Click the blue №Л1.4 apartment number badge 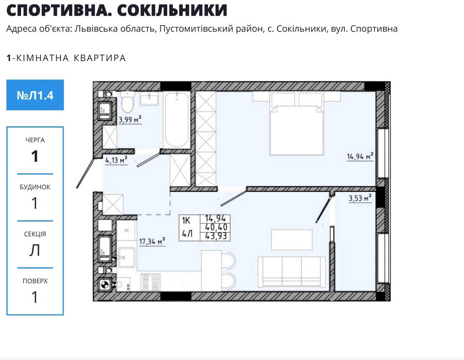(x=35, y=95)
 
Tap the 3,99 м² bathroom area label (x=130, y=119)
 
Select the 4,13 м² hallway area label (x=116, y=160)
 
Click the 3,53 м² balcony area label (x=360, y=198)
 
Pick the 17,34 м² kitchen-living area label (x=152, y=241)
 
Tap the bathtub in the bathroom (x=177, y=120)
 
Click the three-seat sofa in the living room (x=292, y=271)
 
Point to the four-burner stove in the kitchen (x=150, y=282)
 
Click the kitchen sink (x=127, y=257)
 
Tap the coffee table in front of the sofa (x=292, y=240)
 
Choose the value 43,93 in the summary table (x=216, y=236)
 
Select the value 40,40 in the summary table (x=216, y=227)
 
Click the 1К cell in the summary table (x=186, y=221)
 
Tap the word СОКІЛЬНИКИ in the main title (x=172, y=10)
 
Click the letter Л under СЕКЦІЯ (x=35, y=250)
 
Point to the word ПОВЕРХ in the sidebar (x=35, y=281)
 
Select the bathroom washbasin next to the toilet (x=149, y=99)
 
